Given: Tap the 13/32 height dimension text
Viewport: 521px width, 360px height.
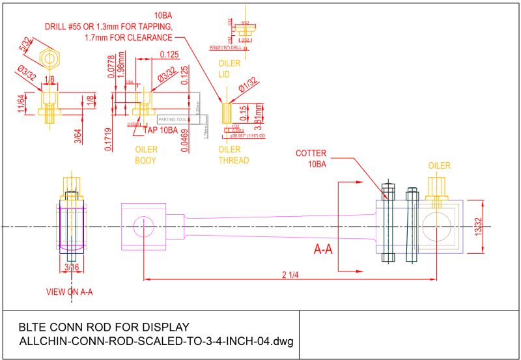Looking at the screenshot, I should tap(479, 226).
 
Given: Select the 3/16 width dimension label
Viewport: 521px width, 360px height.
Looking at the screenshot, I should tap(71, 267).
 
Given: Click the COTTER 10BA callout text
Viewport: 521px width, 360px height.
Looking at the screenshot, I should tap(311, 159).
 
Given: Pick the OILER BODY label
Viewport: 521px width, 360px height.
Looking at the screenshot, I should tap(146, 155).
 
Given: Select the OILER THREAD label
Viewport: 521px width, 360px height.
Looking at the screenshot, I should tap(234, 155).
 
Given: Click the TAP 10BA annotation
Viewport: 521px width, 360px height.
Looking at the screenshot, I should tap(160, 130).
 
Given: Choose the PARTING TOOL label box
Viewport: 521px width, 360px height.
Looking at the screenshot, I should tap(173, 120).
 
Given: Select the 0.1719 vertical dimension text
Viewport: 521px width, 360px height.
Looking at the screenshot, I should tap(109, 139).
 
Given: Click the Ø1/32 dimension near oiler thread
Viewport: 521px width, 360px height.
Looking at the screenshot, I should tap(249, 86).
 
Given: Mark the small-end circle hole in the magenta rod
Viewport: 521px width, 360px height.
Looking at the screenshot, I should tap(143, 227).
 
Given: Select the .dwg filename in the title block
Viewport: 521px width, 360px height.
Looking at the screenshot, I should tap(157, 341).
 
